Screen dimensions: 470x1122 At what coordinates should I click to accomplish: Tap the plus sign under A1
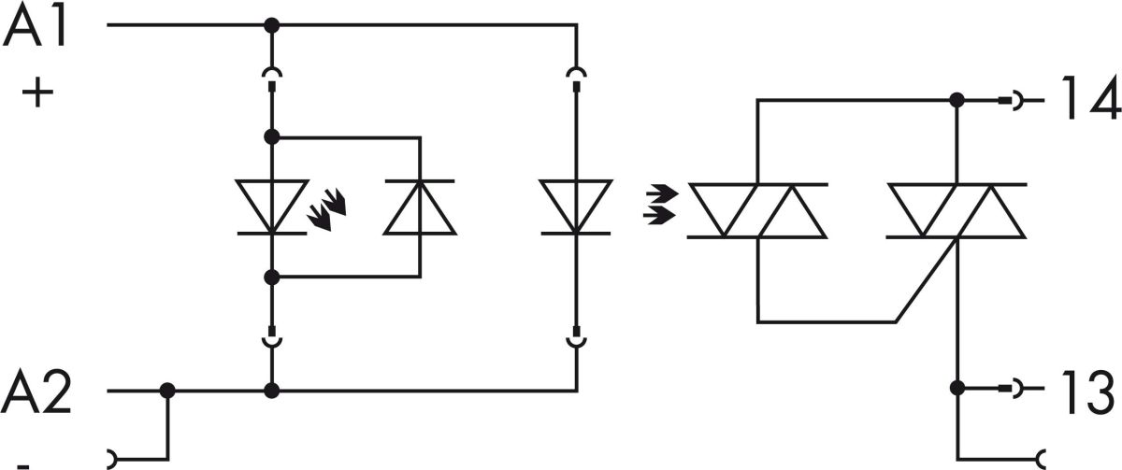coord(36,94)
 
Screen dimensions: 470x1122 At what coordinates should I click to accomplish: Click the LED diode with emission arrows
coord(271,207)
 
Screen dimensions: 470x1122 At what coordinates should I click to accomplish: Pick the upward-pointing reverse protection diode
coord(420,207)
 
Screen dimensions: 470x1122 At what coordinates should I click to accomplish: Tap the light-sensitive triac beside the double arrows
coord(757,210)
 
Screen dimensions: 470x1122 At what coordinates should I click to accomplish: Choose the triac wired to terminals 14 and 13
coord(956,210)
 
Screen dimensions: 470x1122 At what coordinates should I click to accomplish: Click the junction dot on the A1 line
coord(271,25)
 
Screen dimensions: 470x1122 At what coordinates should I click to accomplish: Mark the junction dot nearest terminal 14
coord(956,99)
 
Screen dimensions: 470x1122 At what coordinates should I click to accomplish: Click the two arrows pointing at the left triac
coord(659,207)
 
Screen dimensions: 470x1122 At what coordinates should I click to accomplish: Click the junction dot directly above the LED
coord(271,137)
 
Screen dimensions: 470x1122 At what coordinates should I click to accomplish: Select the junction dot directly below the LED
coord(271,278)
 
